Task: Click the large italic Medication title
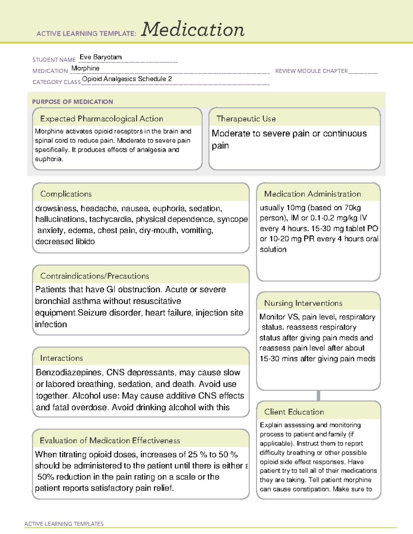[193, 30]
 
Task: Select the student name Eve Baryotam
[100, 57]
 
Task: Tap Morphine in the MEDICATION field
[85, 68]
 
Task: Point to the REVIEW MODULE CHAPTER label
[311, 71]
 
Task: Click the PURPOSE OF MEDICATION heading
[73, 102]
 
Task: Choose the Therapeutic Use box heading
[246, 119]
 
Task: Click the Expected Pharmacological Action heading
[102, 119]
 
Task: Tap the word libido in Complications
[85, 241]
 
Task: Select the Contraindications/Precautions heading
[95, 276]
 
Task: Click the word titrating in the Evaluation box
[73, 455]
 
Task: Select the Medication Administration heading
[313, 194]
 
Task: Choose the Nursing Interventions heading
[303, 303]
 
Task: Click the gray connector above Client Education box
[318, 395]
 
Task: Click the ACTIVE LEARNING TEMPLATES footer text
[64, 524]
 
